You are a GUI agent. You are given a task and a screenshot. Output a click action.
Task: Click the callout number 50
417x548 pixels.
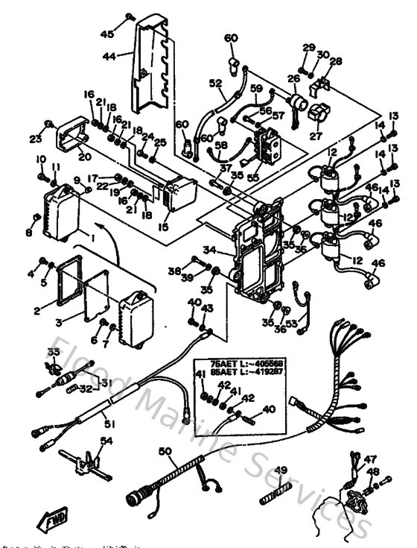(x=165, y=451)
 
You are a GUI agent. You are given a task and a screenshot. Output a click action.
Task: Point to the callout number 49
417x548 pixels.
(x=281, y=470)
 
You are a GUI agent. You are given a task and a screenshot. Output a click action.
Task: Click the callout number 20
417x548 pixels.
(x=83, y=157)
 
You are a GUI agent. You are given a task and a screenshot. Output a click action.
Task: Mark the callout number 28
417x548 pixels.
(x=337, y=61)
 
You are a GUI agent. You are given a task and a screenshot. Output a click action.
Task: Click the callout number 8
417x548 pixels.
(x=29, y=233)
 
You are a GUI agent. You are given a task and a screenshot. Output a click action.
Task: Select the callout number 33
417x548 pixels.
(x=54, y=352)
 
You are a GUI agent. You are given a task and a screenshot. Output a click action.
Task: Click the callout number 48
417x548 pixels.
(x=372, y=471)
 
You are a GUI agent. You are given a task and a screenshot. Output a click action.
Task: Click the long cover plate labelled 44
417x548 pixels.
(x=154, y=71)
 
